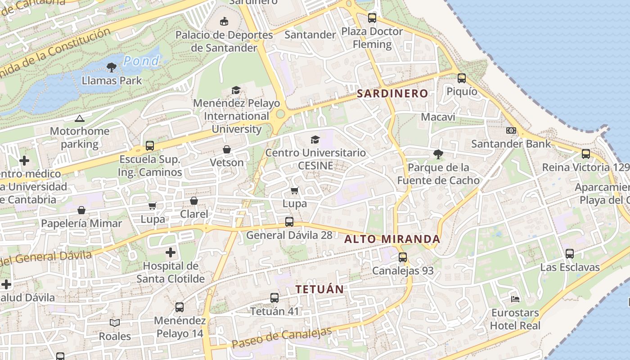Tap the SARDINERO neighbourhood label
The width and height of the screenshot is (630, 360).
coord(392,94)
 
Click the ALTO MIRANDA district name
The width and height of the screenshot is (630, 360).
coord(392,239)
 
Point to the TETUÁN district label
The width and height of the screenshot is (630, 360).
coord(319,289)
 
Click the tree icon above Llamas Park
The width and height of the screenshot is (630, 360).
coord(112,67)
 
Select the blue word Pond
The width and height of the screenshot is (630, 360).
coord(141,61)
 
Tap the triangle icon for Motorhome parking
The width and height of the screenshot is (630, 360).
coord(80,119)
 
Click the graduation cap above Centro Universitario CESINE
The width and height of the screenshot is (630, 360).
coord(315,139)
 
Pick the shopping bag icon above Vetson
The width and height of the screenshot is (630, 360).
coord(227,149)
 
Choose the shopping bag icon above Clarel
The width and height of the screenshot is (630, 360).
coord(194,201)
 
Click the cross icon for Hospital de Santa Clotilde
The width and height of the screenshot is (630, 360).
coord(171,253)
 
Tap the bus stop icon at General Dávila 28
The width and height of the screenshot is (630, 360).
coord(289,222)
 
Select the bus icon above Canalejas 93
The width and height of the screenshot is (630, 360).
coord(403,257)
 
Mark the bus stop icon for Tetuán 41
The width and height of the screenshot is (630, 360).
coord(274,298)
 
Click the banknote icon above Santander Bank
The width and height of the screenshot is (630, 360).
coord(511,130)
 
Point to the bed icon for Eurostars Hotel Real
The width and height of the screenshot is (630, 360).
coord(515,299)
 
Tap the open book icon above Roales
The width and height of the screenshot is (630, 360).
coord(115,323)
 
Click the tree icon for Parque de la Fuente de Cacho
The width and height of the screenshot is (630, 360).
coord(438,154)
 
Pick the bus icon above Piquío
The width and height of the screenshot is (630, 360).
coord(462,78)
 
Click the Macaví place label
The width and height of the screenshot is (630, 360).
coord(438,117)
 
